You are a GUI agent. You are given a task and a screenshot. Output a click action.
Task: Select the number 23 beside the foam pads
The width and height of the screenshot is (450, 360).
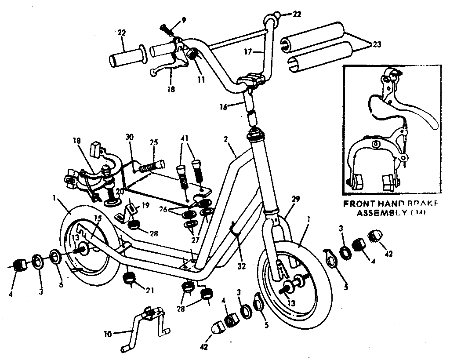pyautogui.click(x=377, y=44)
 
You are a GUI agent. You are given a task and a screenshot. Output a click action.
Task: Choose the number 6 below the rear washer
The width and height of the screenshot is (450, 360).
pyautogui.click(x=61, y=284)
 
